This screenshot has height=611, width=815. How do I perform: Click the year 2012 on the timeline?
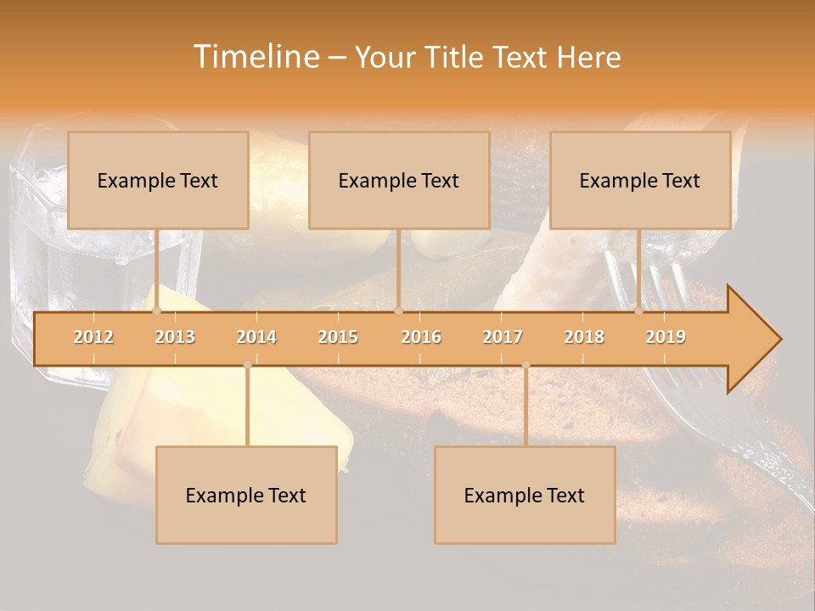click(93, 337)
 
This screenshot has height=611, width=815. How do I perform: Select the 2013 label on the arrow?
click(175, 337)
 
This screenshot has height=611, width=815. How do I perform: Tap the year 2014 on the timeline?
click(256, 337)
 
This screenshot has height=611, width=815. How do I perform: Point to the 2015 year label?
click(338, 337)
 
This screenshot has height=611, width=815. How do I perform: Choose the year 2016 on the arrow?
click(421, 337)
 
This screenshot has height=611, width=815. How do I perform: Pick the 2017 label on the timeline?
click(503, 337)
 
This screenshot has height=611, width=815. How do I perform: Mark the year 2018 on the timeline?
click(584, 337)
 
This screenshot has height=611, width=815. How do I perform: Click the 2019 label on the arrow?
click(666, 337)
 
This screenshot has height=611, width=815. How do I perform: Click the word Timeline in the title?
click(255, 57)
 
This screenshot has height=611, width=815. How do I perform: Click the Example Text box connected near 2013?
click(158, 180)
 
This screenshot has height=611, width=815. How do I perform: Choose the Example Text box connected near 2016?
click(399, 180)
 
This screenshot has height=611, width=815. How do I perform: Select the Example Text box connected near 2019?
click(640, 180)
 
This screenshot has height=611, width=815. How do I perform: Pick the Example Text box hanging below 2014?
click(246, 495)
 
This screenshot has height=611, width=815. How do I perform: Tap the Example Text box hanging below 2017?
click(525, 495)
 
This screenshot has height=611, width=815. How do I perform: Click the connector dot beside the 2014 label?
click(247, 365)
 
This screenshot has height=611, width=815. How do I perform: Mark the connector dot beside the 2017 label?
click(526, 365)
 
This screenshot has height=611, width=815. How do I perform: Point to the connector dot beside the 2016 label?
click(398, 311)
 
